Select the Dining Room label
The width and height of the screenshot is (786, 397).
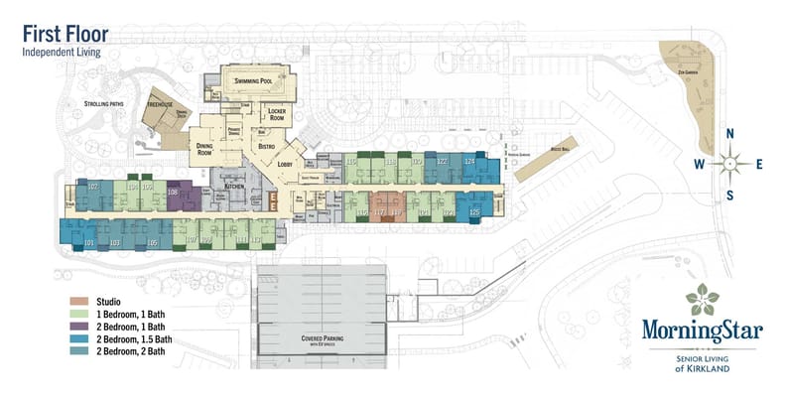[204, 150]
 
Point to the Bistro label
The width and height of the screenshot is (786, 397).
[266, 147]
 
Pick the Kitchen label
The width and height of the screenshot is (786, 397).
[233, 186]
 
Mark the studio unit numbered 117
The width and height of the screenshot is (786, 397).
[378, 212]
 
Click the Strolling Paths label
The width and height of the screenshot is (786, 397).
[102, 103]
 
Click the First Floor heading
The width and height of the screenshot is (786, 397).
[65, 35]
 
